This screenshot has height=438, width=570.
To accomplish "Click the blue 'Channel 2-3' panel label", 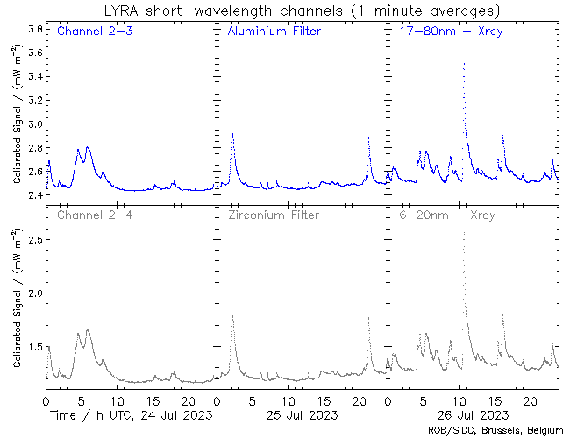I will click(91, 32).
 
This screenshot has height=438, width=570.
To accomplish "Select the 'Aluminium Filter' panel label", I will click(274, 32).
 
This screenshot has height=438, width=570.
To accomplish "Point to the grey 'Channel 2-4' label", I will click(91, 215).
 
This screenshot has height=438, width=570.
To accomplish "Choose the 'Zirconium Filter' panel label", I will click(272, 215).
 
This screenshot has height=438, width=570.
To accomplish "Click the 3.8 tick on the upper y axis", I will click(36, 29).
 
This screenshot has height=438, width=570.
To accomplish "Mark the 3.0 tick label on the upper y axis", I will click(36, 124).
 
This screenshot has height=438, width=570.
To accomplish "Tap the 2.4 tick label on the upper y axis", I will click(36, 195).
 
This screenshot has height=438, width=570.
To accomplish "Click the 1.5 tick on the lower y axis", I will click(36, 348).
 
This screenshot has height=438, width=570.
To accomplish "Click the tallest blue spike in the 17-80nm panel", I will click(463, 64).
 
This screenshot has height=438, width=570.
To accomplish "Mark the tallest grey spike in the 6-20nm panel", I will click(463, 233).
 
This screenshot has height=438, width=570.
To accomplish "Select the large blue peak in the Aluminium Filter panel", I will click(232, 134).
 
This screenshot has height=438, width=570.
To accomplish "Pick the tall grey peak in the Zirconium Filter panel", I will click(232, 315).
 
